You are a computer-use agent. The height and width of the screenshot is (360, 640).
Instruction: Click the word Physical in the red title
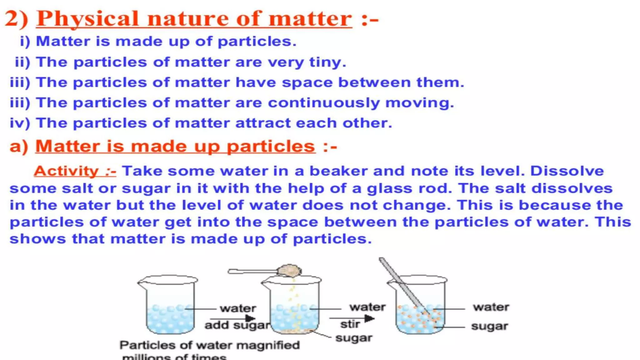pos(87,19)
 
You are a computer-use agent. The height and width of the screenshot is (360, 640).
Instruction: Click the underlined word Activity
pos(66,171)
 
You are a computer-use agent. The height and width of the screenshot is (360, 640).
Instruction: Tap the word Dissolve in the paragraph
pos(567,171)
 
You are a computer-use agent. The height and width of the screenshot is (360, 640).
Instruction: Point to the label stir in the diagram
pos(350,324)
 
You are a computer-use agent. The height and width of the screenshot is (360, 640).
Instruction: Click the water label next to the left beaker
pos(238,308)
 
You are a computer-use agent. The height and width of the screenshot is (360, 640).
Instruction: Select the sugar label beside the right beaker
pos(489,326)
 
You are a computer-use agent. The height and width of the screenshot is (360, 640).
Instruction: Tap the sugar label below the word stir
pos(354,338)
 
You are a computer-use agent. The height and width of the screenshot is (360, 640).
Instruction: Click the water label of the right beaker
pos(491,307)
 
